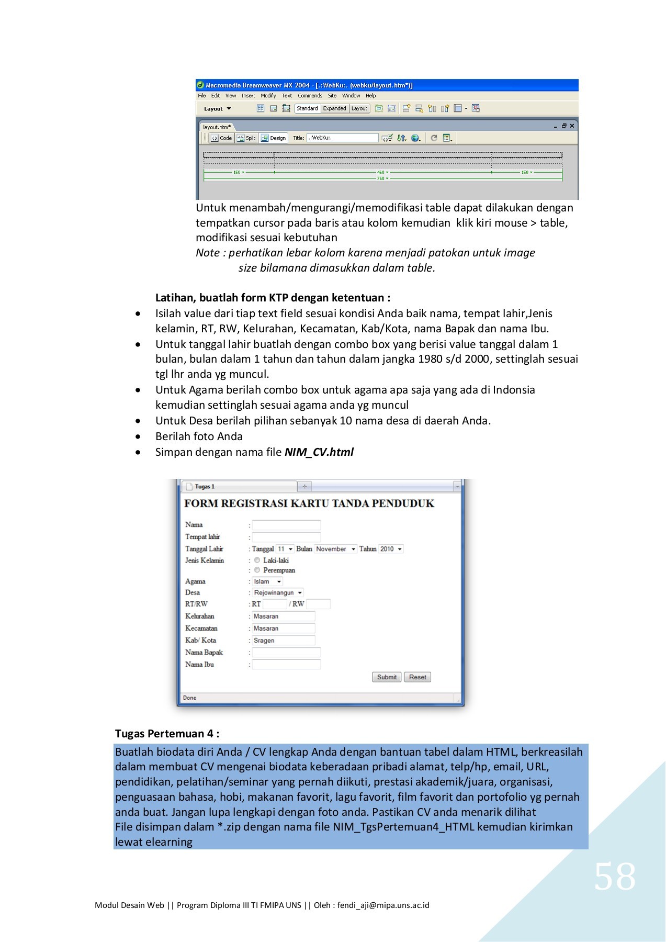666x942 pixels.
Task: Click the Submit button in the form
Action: (x=387, y=677)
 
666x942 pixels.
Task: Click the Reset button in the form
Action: (x=417, y=677)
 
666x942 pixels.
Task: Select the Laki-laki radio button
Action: (x=257, y=560)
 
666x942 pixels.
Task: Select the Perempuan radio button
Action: (x=257, y=570)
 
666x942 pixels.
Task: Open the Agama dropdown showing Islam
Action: (x=267, y=581)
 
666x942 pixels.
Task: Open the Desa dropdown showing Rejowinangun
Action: (x=278, y=593)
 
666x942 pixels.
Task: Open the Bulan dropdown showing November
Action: (x=335, y=549)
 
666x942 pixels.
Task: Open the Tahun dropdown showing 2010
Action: (x=391, y=549)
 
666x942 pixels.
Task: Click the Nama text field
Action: (x=286, y=525)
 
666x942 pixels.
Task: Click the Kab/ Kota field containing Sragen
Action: (x=283, y=641)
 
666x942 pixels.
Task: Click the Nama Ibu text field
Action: (x=286, y=665)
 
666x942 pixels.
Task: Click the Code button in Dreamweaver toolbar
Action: (x=221, y=138)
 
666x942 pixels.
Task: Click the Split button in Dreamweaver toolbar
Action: (x=246, y=138)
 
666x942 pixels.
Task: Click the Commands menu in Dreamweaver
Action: (x=310, y=96)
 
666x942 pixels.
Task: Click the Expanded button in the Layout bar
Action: (x=334, y=108)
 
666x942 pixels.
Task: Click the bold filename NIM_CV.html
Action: (x=319, y=452)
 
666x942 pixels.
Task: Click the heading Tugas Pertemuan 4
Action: (x=167, y=734)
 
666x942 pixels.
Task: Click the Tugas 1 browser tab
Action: (x=205, y=487)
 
